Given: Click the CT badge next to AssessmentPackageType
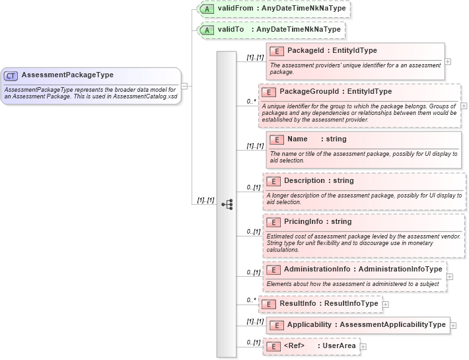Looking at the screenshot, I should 11,75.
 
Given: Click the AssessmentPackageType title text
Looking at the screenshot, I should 67,75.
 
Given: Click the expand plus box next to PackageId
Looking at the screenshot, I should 449,61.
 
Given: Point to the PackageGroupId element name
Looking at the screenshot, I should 336,92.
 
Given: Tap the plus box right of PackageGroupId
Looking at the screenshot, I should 464,106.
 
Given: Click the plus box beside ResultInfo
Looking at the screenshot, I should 386,305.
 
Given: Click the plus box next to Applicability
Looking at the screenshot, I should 454,325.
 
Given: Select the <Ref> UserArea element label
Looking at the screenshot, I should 320,346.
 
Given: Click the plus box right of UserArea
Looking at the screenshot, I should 363,346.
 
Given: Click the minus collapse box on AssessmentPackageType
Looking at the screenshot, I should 184,85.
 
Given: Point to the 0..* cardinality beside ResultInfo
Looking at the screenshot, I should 251,301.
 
